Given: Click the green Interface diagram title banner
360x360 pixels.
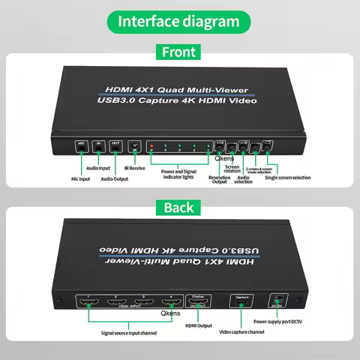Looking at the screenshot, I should (179, 21).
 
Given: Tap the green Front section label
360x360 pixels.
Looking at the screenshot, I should (179, 52).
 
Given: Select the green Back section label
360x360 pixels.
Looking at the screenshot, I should (179, 207).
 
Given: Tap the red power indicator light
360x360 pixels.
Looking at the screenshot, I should (151, 145).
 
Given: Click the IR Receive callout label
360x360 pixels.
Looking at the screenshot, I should (135, 168).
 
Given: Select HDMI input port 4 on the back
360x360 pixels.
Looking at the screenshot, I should (170, 303).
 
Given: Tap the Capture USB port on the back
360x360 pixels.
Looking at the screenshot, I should (241, 303).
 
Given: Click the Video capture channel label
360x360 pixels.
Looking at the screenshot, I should (241, 331).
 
